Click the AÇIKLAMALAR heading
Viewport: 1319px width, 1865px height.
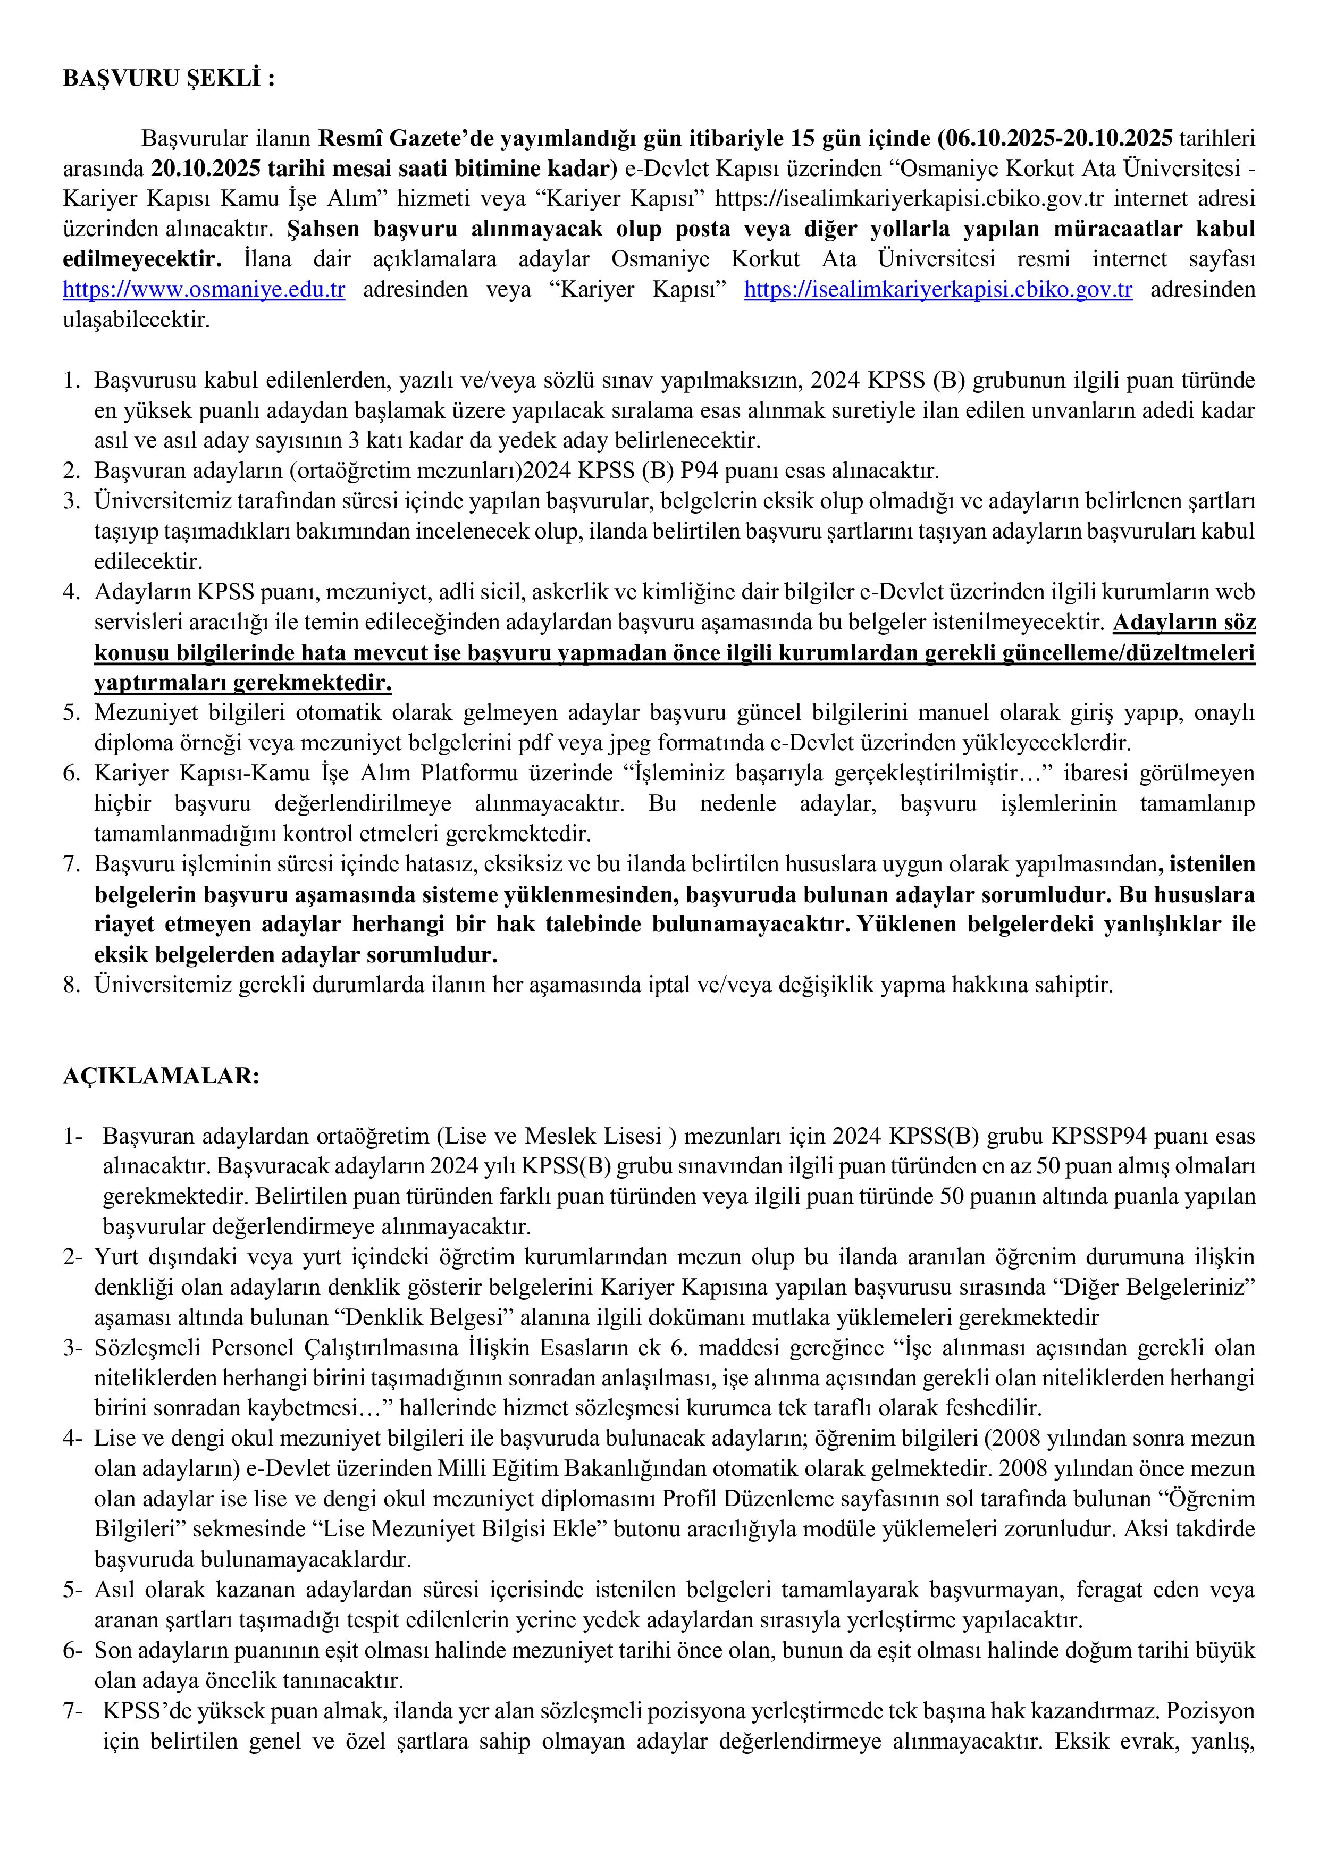click(x=162, y=1076)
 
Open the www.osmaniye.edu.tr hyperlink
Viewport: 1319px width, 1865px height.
click(x=204, y=290)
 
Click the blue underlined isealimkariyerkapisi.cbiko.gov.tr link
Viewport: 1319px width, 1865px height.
click(x=938, y=290)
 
